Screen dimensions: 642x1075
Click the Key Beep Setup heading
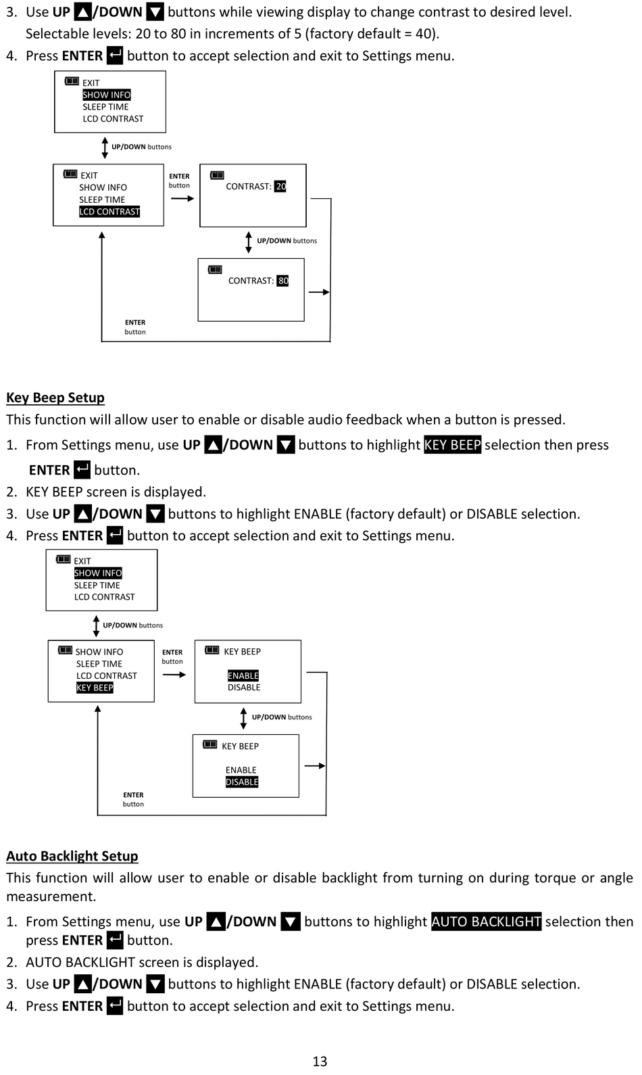click(55, 398)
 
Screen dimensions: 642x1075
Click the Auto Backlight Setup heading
click(72, 856)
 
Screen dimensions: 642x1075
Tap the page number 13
click(320, 1061)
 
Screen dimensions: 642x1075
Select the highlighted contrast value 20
click(280, 186)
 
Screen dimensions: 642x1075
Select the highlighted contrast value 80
click(283, 281)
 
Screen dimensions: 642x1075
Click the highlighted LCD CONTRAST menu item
click(109, 212)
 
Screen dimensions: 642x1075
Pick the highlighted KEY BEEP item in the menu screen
click(95, 688)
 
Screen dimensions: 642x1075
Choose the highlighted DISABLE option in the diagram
click(242, 782)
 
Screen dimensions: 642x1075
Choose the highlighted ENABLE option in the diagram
click(243, 675)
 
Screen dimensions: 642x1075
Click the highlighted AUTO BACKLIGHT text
click(487, 922)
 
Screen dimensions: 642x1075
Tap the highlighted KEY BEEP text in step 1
click(453, 445)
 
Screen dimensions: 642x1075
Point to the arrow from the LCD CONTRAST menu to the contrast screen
click(182, 199)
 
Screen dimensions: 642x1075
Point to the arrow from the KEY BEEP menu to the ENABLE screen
click(174, 675)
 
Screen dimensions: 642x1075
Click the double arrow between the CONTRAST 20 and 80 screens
click(249, 242)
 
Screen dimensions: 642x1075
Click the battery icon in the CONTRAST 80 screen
click(215, 269)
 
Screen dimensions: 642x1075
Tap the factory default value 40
click(424, 34)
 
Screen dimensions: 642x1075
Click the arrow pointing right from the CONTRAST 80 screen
click(319, 292)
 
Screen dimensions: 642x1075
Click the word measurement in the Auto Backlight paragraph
click(51, 897)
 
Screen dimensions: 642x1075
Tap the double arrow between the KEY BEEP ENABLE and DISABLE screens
click(243, 719)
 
